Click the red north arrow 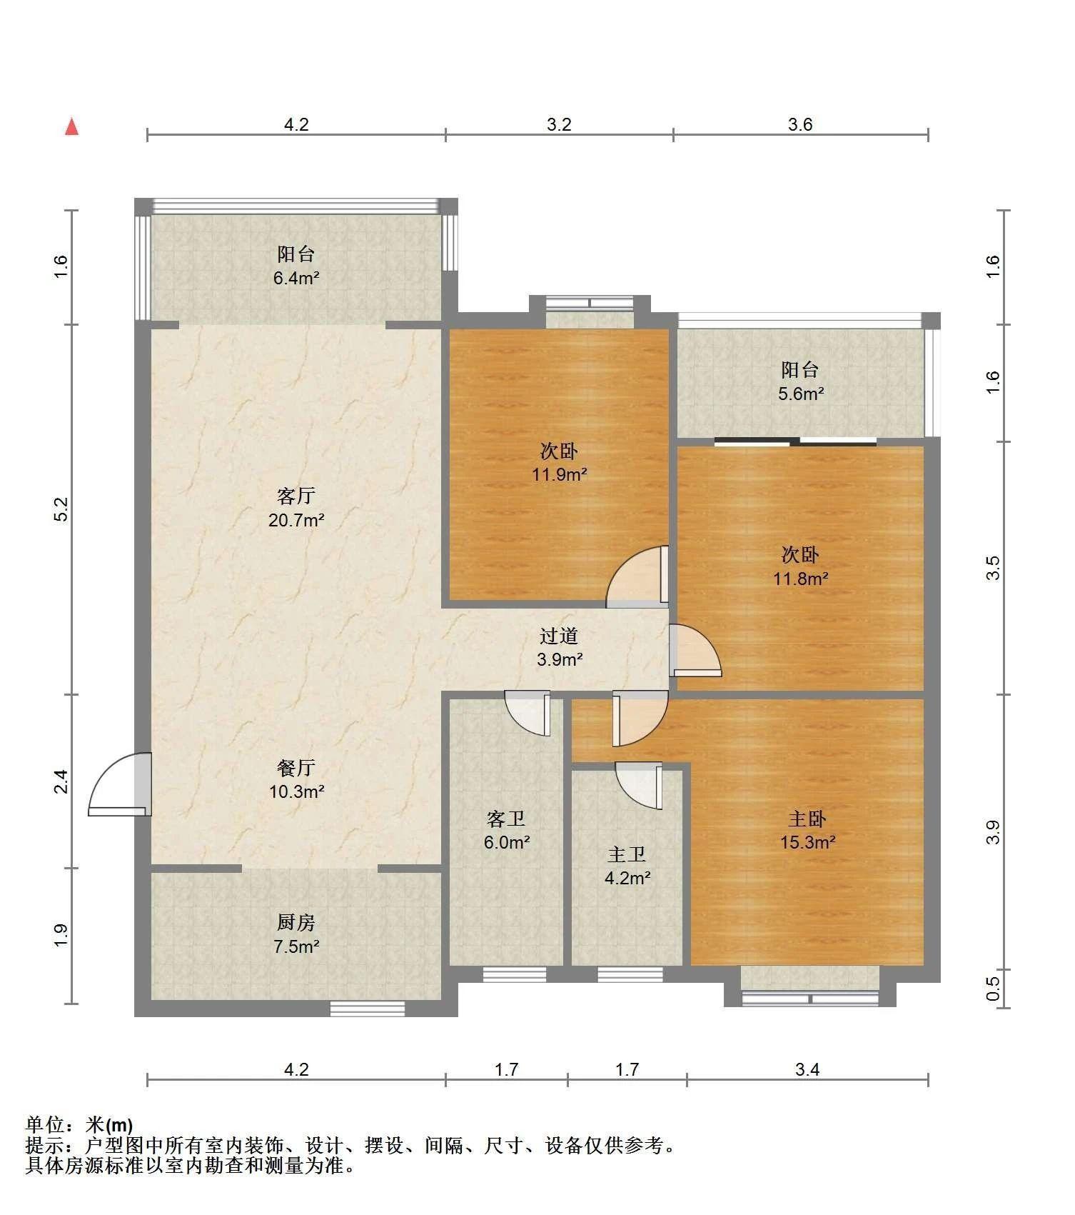click(71, 126)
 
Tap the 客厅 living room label click(296, 495)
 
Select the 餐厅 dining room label click(296, 768)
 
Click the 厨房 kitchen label click(296, 922)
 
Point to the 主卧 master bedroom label click(807, 819)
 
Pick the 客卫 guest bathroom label click(506, 819)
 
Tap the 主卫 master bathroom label click(627, 854)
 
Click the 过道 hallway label click(559, 635)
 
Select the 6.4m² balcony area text click(296, 278)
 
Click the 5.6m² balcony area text click(801, 394)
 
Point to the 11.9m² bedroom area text click(560, 474)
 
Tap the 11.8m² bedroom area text click(801, 579)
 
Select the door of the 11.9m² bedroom click(637, 577)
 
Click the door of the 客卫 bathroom click(528, 713)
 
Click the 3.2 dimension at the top click(560, 124)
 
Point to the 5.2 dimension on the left click(61, 509)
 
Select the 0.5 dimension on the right click(993, 989)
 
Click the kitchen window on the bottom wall click(368, 1008)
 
